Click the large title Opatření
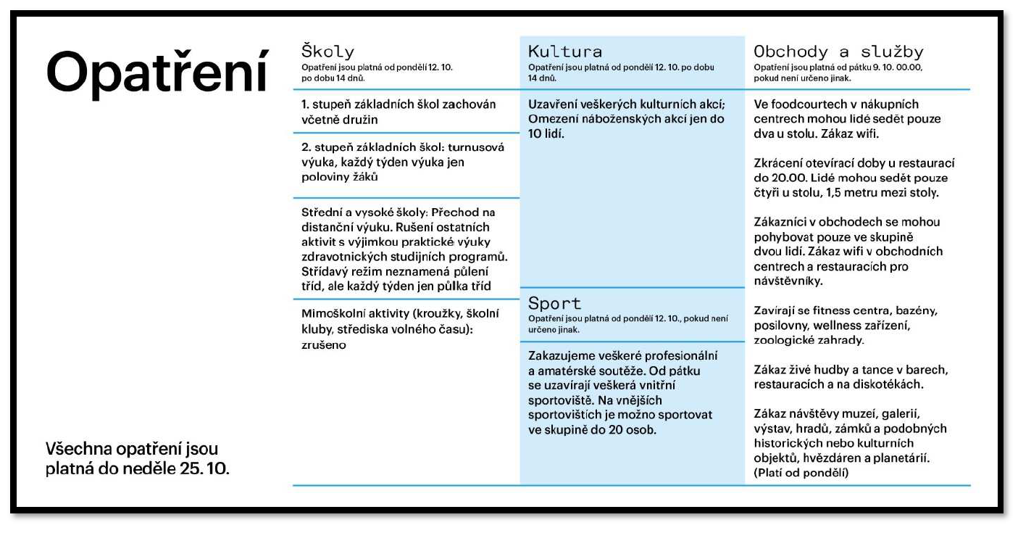157,72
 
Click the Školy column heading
327,52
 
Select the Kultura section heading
565,52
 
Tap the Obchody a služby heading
838,52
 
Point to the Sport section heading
555,303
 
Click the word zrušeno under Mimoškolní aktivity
323,345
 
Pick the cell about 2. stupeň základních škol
402,162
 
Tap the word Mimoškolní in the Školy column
337,313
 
